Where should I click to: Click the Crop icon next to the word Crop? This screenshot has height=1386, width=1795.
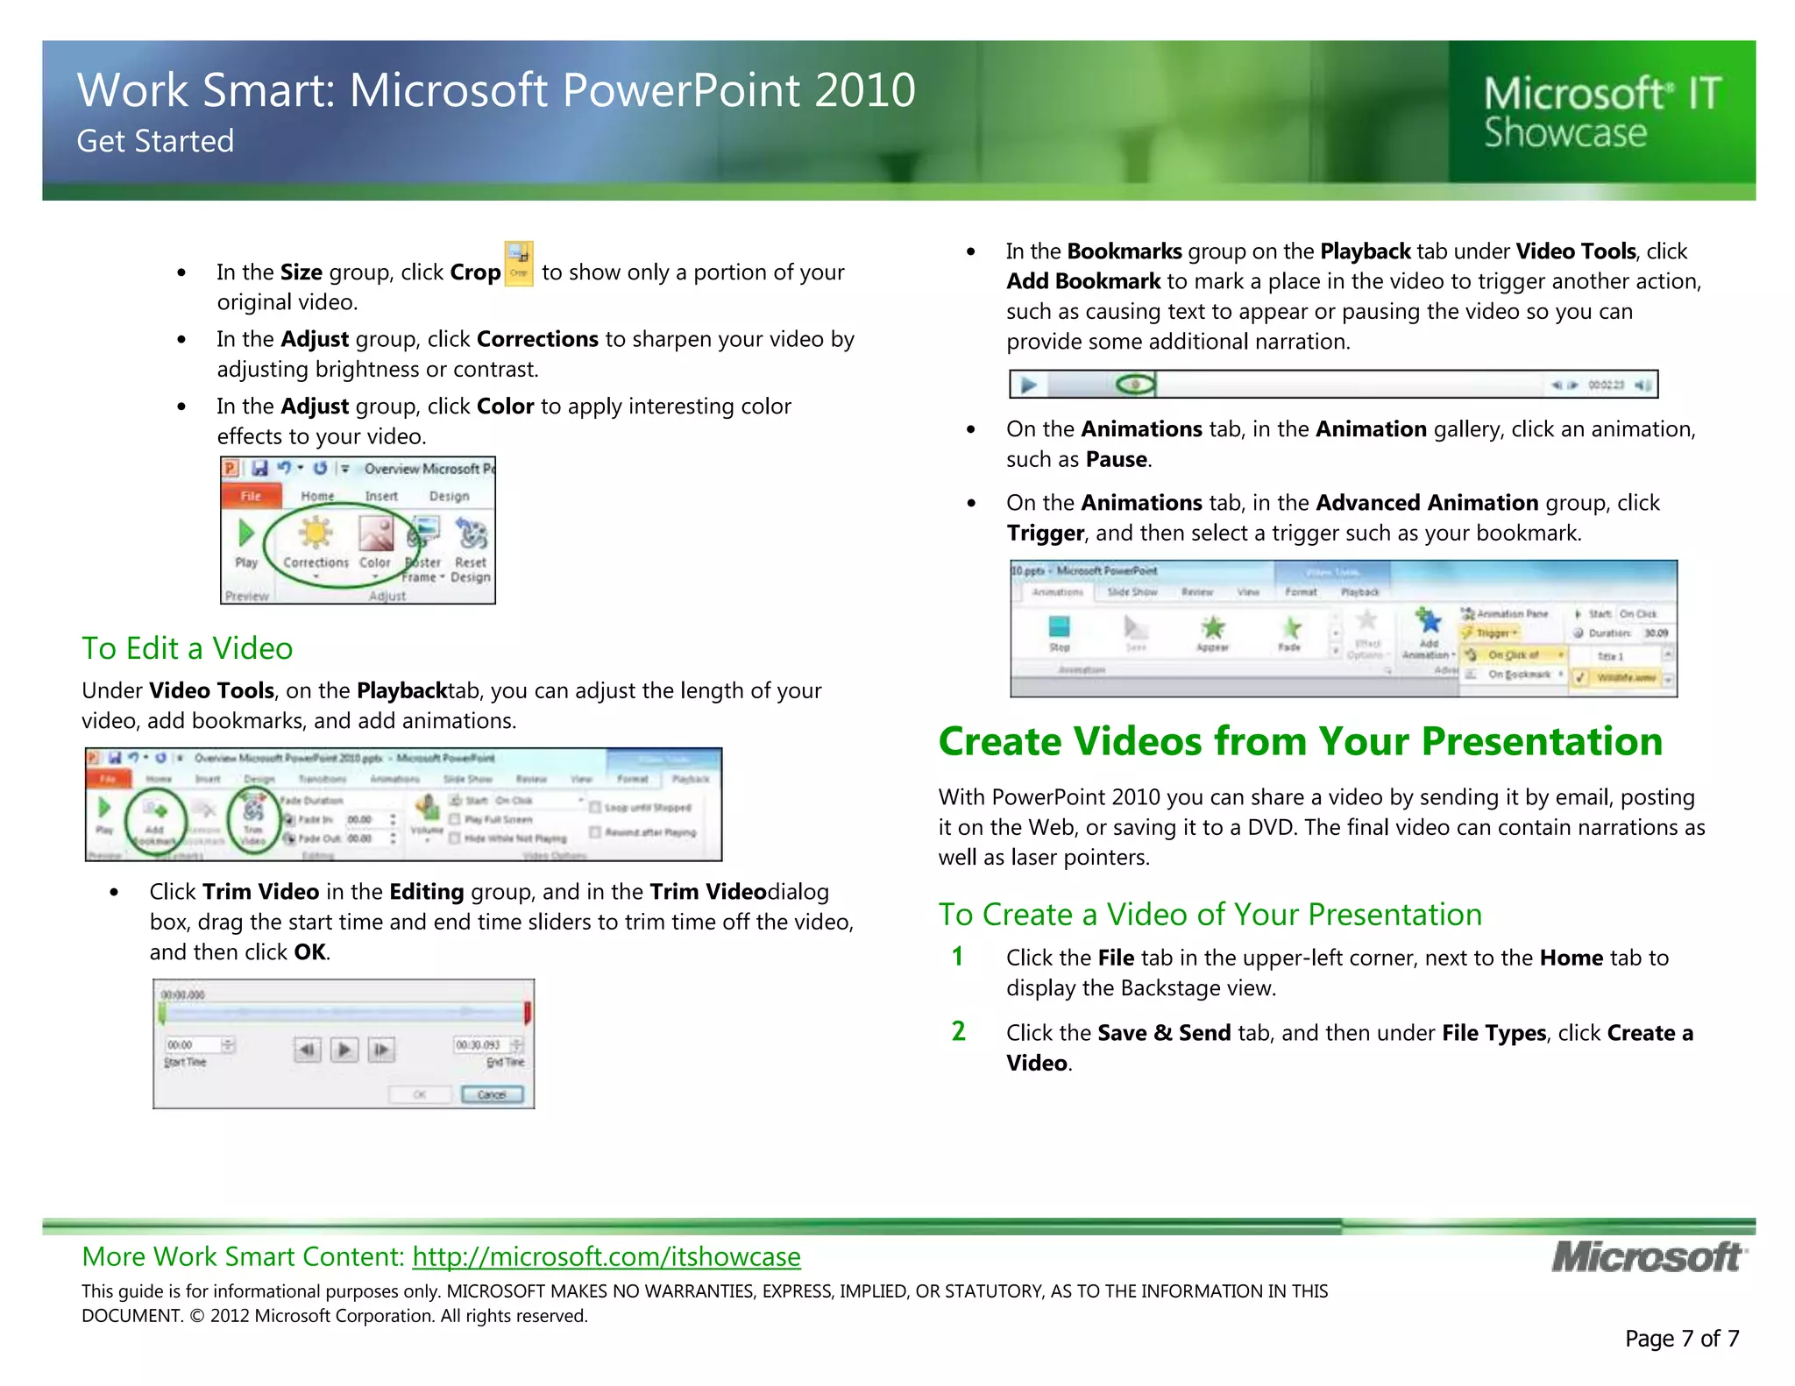(x=519, y=265)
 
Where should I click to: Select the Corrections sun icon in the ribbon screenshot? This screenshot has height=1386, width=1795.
(x=316, y=533)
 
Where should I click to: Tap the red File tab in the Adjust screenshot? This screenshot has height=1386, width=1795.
(x=252, y=496)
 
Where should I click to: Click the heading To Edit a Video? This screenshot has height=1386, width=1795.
(x=187, y=648)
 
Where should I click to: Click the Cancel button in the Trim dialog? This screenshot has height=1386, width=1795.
(x=492, y=1094)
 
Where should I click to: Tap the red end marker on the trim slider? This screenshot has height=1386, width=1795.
(x=528, y=1014)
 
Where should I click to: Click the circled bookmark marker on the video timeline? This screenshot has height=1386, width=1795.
(x=1136, y=385)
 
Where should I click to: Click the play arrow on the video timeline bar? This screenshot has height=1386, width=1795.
(x=1029, y=385)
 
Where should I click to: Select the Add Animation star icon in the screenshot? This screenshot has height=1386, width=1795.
(x=1430, y=622)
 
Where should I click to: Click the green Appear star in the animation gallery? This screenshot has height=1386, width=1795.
(x=1212, y=627)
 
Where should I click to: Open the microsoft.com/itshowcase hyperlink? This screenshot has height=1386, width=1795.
(x=607, y=1256)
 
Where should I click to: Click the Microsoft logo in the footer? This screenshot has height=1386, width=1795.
(x=1648, y=1257)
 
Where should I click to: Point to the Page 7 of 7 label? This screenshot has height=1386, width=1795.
(x=1681, y=1338)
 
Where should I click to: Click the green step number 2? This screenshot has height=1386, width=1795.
(x=958, y=1031)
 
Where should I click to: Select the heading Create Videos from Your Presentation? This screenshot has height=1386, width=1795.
(x=1300, y=741)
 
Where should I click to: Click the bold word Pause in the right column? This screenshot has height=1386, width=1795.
(x=1116, y=459)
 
